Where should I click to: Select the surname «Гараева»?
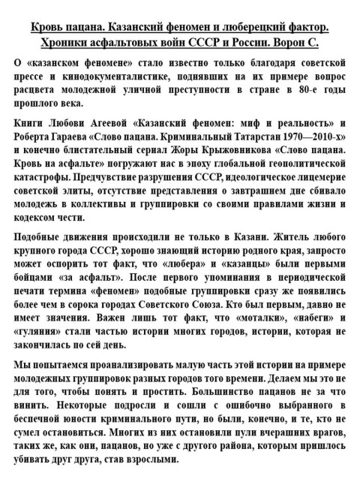[80, 136]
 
